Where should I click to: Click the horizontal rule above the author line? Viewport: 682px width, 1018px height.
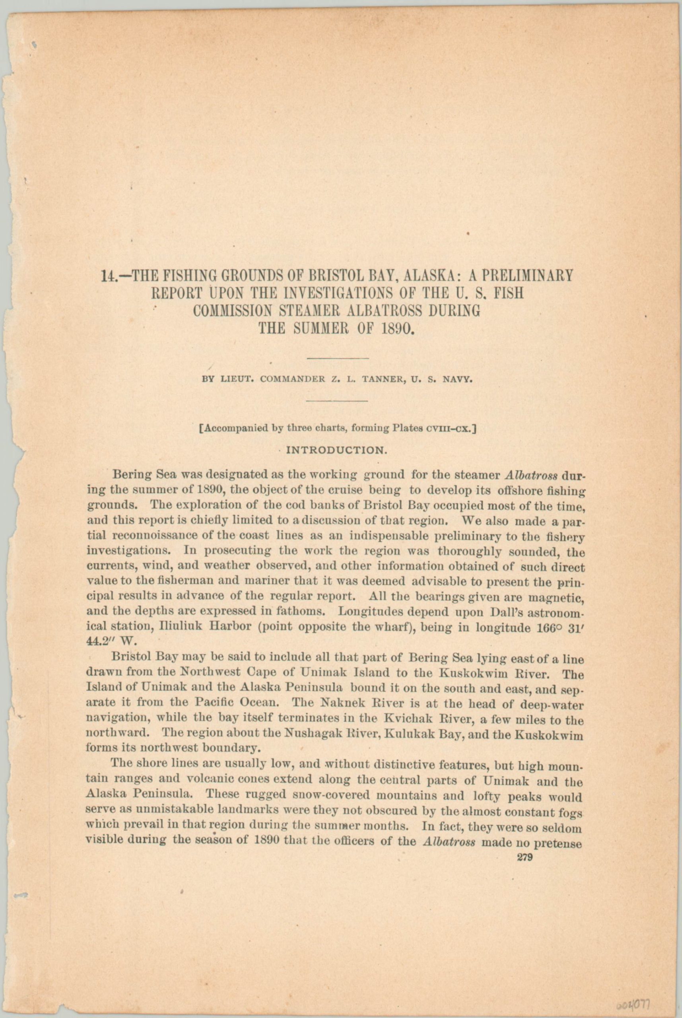(x=338, y=358)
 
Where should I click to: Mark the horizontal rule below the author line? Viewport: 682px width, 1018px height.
(x=337, y=400)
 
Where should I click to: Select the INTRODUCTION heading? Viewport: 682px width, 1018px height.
(x=336, y=450)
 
